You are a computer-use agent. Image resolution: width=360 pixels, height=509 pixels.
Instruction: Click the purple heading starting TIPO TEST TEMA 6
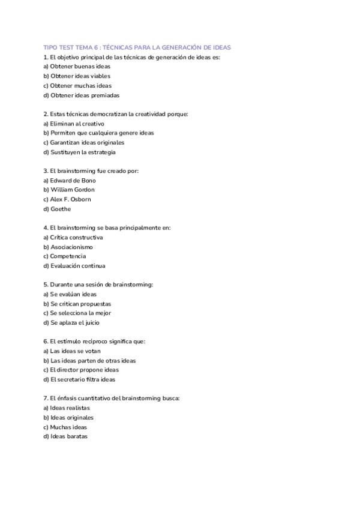[x=137, y=47]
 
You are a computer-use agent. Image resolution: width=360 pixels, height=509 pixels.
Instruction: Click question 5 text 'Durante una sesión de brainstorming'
[x=98, y=285]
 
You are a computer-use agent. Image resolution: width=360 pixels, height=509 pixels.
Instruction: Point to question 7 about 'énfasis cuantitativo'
[x=112, y=398]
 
